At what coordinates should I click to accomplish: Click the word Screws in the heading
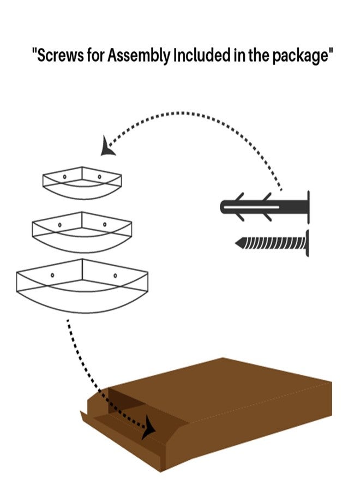(61, 56)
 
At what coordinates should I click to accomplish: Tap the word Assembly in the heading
(139, 56)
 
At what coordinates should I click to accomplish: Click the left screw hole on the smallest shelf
(64, 177)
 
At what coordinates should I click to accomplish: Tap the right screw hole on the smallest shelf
(100, 177)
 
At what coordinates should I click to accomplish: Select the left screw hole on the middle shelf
(60, 225)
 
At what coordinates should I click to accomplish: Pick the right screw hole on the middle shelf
(105, 224)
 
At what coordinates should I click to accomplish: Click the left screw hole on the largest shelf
(52, 276)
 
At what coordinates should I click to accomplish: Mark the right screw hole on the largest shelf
(115, 276)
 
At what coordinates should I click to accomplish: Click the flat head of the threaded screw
(308, 243)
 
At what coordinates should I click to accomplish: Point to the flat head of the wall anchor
(308, 207)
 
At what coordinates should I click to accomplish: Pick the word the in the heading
(259, 56)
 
